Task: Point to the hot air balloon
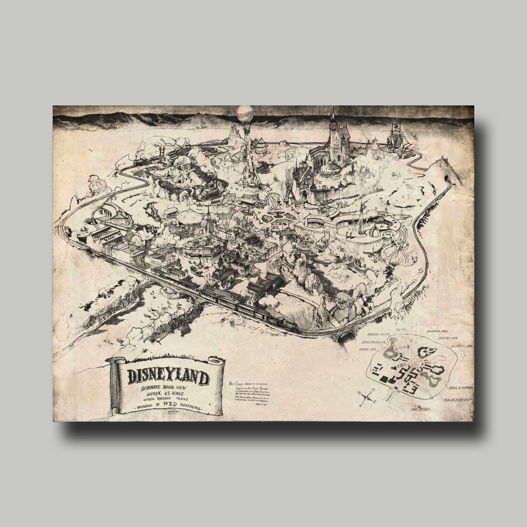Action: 245,115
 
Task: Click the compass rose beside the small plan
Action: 366,396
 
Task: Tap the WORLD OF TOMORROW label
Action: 457,387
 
